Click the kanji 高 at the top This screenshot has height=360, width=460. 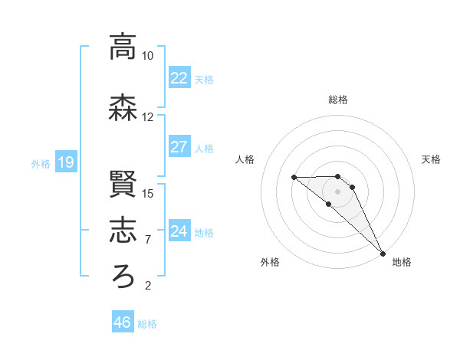tap(123, 47)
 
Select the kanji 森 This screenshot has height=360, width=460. tap(123, 109)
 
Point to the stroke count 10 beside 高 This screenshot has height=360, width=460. tap(148, 56)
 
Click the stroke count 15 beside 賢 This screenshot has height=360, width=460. tap(148, 193)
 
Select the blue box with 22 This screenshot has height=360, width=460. tap(179, 78)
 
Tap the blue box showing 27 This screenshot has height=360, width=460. tap(179, 147)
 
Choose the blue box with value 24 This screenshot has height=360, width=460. tap(179, 231)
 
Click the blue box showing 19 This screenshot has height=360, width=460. tap(65, 162)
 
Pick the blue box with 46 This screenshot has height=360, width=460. tap(123, 322)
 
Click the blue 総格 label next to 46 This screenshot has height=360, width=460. tap(147, 324)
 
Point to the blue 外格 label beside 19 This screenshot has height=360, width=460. tap(41, 163)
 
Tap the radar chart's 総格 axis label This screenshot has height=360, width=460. tap(338, 100)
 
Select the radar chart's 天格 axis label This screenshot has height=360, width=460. tap(431, 159)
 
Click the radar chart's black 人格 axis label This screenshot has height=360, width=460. tap(245, 159)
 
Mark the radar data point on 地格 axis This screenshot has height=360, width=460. tap(382, 253)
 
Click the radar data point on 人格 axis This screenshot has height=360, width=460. tap(294, 177)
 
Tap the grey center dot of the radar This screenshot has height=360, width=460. tap(338, 191)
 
